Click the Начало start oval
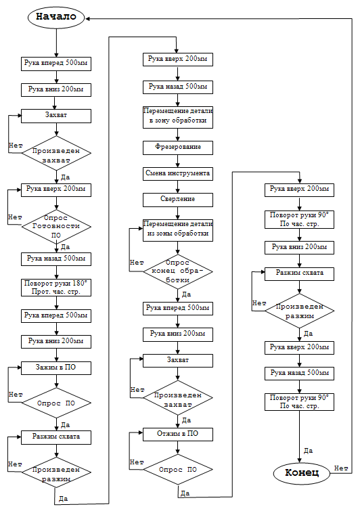coord(56,17)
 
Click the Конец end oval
coord(302,473)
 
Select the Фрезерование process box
coord(178,148)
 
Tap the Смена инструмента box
coord(178,174)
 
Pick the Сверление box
coord(178,200)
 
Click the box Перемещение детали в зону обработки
coord(178,117)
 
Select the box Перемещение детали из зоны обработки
coord(178,230)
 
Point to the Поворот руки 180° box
coord(56,288)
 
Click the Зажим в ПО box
coord(56,368)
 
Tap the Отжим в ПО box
coord(178,435)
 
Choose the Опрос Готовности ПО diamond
coord(56,227)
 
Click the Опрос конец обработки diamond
coord(178,271)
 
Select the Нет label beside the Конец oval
coord(341,468)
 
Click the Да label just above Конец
coord(308,451)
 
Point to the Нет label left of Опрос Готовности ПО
coord(15,217)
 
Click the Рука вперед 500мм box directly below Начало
coord(56,64)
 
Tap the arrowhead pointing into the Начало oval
coord(88,18)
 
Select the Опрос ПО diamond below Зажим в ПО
coord(56,403)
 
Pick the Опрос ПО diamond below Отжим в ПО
coord(178,470)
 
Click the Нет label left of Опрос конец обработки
coord(137,263)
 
